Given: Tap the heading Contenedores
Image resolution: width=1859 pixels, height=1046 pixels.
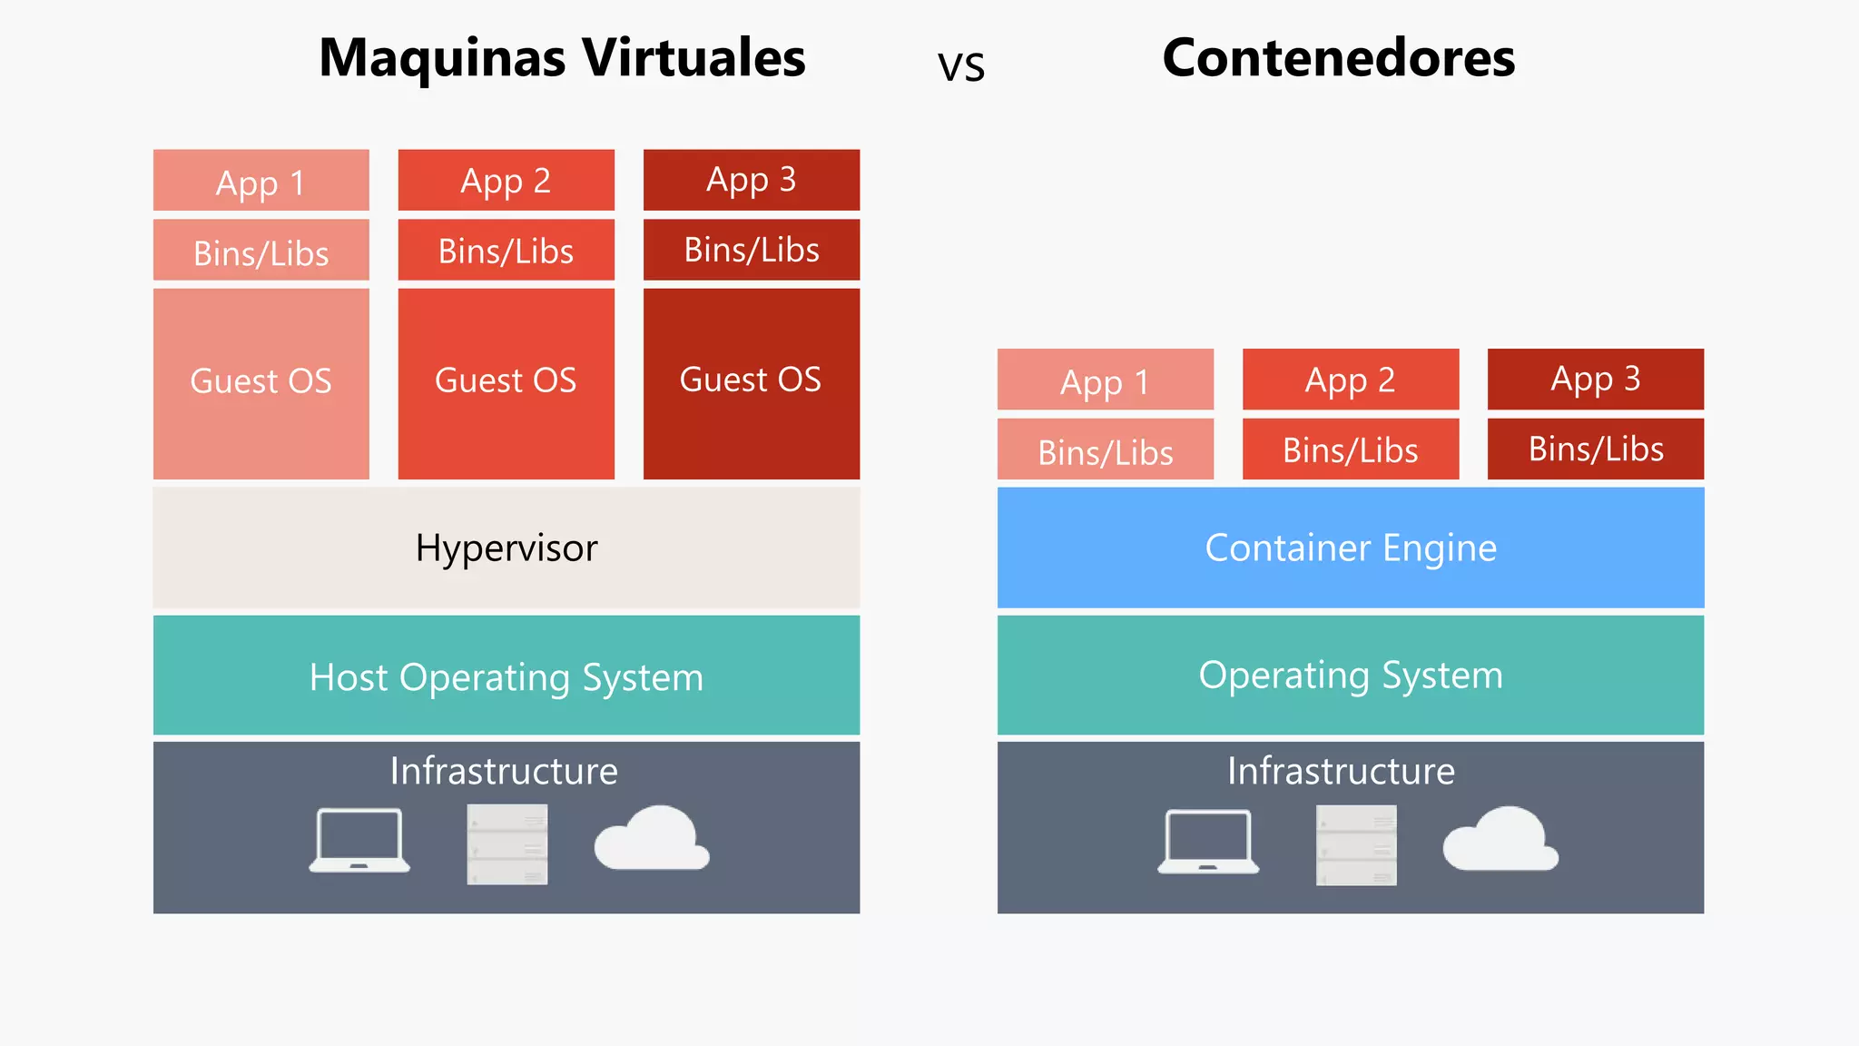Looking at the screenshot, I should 1338,58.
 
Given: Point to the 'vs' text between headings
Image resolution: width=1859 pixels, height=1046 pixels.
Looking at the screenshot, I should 960,66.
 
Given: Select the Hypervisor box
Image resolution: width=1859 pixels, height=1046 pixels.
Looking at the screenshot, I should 506,548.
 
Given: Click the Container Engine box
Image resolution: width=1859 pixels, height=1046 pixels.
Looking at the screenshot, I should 1350,548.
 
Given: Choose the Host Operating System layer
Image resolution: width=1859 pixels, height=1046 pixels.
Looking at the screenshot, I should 506,676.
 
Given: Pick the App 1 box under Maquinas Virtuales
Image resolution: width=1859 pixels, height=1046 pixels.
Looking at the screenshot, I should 261,181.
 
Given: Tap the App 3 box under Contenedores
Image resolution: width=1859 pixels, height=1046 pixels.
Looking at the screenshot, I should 1595,379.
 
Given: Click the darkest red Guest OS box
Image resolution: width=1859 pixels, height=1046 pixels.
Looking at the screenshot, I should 751,382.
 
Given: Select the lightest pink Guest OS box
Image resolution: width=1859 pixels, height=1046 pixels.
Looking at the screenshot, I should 261,382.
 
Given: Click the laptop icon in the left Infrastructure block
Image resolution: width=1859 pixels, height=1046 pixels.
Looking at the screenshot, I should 359,841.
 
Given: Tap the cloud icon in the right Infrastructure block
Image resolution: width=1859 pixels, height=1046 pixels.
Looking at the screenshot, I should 1500,839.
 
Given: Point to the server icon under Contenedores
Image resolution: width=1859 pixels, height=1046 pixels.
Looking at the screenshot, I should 1356,845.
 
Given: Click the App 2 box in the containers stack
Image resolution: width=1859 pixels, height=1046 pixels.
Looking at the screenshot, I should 1350,379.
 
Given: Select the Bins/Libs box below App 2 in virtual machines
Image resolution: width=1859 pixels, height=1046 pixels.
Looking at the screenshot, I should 506,250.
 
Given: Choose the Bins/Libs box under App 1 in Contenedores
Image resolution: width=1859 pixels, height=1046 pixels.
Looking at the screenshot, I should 1105,449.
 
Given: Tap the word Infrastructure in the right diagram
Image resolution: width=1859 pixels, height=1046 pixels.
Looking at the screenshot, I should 1341,771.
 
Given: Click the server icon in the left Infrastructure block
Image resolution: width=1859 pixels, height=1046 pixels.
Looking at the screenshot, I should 507,844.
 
